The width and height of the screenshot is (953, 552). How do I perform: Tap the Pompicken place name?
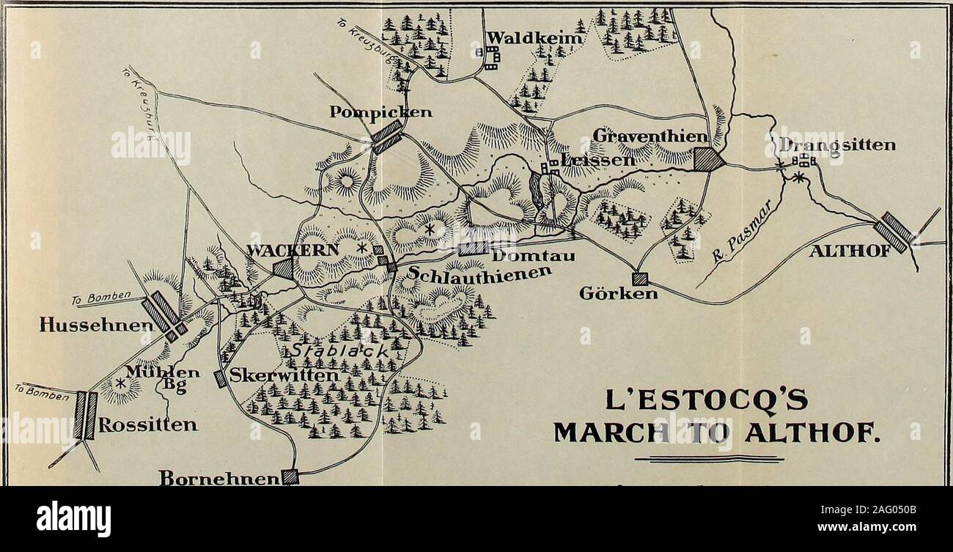[371, 112]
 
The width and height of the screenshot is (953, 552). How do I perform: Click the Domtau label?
[531, 256]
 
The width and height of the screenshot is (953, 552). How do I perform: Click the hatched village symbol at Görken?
[640, 279]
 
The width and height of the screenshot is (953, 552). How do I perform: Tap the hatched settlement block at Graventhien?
[708, 160]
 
